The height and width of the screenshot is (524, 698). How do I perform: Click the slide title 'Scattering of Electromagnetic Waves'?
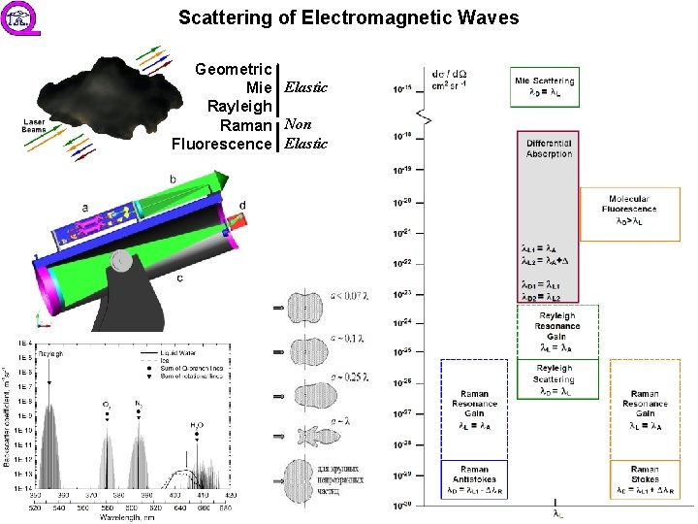[349, 18]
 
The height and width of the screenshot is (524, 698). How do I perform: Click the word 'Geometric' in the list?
[234, 70]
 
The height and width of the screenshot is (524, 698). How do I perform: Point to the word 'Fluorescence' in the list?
[221, 144]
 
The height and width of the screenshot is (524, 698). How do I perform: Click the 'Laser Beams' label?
[34, 126]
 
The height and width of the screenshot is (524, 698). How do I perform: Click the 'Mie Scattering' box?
[544, 86]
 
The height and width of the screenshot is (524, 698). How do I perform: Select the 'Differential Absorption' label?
[549, 148]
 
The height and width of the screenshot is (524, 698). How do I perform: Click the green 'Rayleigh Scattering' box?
[555, 379]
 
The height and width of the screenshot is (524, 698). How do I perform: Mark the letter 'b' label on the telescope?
[173, 179]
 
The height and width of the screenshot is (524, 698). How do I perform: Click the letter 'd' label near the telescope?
[242, 205]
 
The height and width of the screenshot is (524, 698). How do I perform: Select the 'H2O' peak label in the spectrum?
[197, 425]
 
